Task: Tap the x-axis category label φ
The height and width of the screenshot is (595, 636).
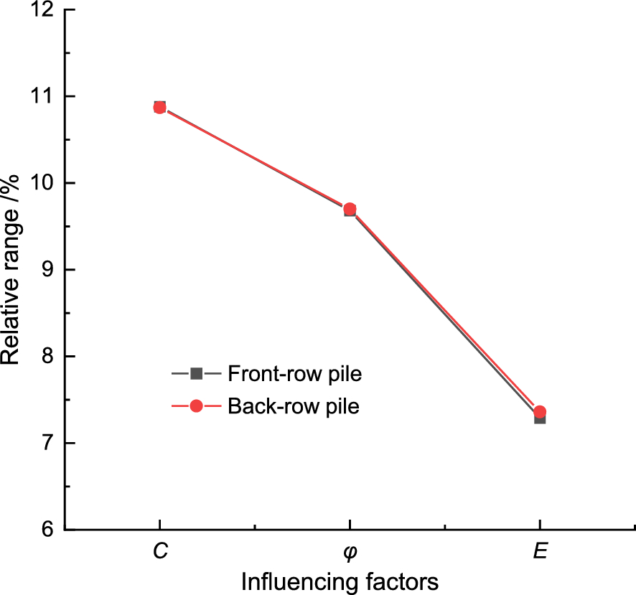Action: (350, 553)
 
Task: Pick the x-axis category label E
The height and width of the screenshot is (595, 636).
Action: (540, 552)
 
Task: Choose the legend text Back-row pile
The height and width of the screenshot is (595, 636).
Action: (293, 406)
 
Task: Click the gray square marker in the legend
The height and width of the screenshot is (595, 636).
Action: (196, 373)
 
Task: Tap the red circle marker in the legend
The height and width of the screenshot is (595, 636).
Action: (196, 406)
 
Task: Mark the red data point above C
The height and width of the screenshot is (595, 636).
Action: (159, 107)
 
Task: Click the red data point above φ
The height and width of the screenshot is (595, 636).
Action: (350, 209)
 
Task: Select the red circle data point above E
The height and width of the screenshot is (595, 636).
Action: (540, 411)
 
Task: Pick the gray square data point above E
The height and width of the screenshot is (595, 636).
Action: (540, 419)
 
